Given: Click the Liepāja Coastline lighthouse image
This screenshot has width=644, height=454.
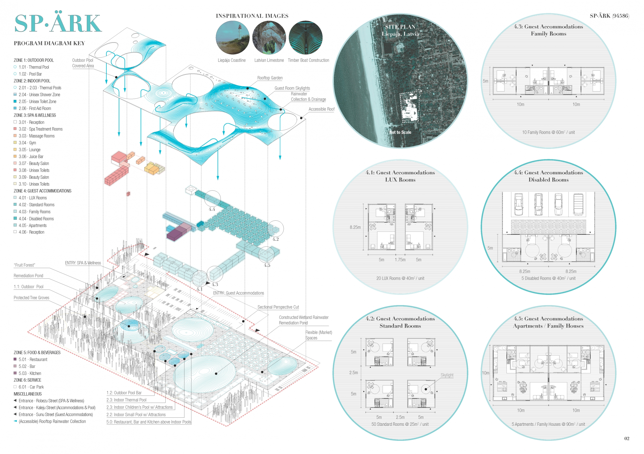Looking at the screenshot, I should coord(233,38).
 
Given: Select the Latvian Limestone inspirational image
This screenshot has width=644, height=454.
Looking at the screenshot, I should coord(269,38).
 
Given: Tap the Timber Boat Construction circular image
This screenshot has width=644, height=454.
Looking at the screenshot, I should coord(306,38).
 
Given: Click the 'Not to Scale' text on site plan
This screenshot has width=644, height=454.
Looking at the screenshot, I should coord(400,132).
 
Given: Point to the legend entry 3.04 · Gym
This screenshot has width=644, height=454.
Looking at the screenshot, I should coord(27,143).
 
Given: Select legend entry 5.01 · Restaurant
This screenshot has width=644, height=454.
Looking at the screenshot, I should coord(33,359).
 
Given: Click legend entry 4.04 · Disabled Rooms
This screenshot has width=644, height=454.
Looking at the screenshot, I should coord(36,219).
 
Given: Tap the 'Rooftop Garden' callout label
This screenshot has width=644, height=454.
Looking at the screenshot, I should coord(270,78).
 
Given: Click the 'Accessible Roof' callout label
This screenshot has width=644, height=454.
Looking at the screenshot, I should coord(321,109).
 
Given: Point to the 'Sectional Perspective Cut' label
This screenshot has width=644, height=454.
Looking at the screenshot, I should coord(278,307).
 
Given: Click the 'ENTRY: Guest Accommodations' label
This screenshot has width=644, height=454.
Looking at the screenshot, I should coord(239,293).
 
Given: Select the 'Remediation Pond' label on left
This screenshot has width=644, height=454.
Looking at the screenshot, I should coord(28,276).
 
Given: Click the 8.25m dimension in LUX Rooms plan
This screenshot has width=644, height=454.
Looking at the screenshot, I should coord(355,227).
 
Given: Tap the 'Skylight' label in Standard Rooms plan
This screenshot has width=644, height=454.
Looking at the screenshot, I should coord(447,375).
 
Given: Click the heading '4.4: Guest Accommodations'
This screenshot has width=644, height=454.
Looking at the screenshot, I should coord(548,173).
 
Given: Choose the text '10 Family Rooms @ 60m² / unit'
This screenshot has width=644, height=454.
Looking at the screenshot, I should coord(548,132).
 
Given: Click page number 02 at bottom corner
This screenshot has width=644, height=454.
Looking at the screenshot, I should coord(626,438).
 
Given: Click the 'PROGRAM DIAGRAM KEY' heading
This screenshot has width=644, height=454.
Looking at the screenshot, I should coord(49,43).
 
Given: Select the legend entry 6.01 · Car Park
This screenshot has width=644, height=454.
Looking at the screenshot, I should coord(31,387).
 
